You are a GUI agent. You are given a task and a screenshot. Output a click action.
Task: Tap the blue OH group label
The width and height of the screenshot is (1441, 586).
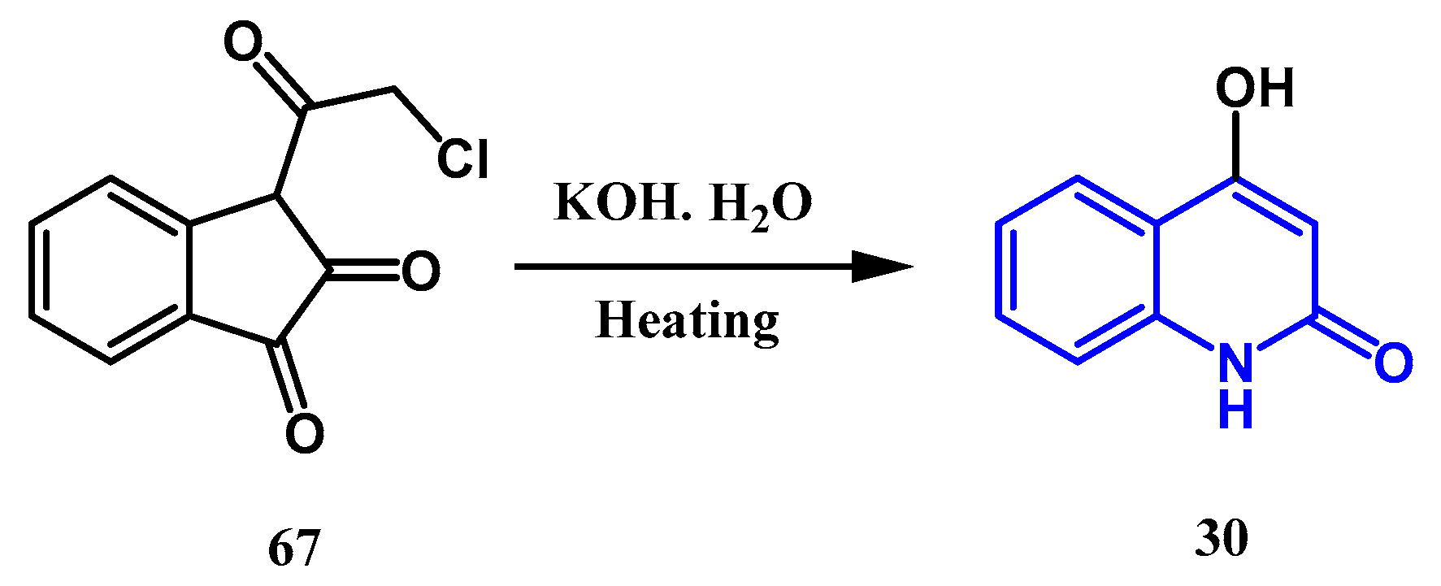pos(1254,88)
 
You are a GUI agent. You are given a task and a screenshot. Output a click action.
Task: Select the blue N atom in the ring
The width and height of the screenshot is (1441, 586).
pos(1235,362)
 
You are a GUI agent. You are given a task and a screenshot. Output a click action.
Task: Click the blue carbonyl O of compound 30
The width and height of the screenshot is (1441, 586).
pos(1393,362)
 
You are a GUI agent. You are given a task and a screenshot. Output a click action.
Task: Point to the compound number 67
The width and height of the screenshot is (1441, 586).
pos(293,548)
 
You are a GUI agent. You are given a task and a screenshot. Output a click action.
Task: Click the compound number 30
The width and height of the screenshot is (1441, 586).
pos(1222,539)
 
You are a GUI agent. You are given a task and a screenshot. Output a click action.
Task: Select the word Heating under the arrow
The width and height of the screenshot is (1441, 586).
pos(687,321)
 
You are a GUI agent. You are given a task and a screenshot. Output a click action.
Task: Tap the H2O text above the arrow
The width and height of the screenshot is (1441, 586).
pos(761,205)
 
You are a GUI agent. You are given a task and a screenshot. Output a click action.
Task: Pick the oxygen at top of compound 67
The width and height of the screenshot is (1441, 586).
pos(243,42)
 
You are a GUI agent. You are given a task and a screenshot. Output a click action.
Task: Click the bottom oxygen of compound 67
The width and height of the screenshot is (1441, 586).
pos(305,433)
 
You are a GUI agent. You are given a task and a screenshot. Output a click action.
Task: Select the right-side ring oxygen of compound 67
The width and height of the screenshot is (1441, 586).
pos(421,271)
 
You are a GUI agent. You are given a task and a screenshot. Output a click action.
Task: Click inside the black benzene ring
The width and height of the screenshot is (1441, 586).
pos(110,269)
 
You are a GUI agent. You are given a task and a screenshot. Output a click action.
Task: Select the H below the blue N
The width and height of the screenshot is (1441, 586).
pos(1235,410)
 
